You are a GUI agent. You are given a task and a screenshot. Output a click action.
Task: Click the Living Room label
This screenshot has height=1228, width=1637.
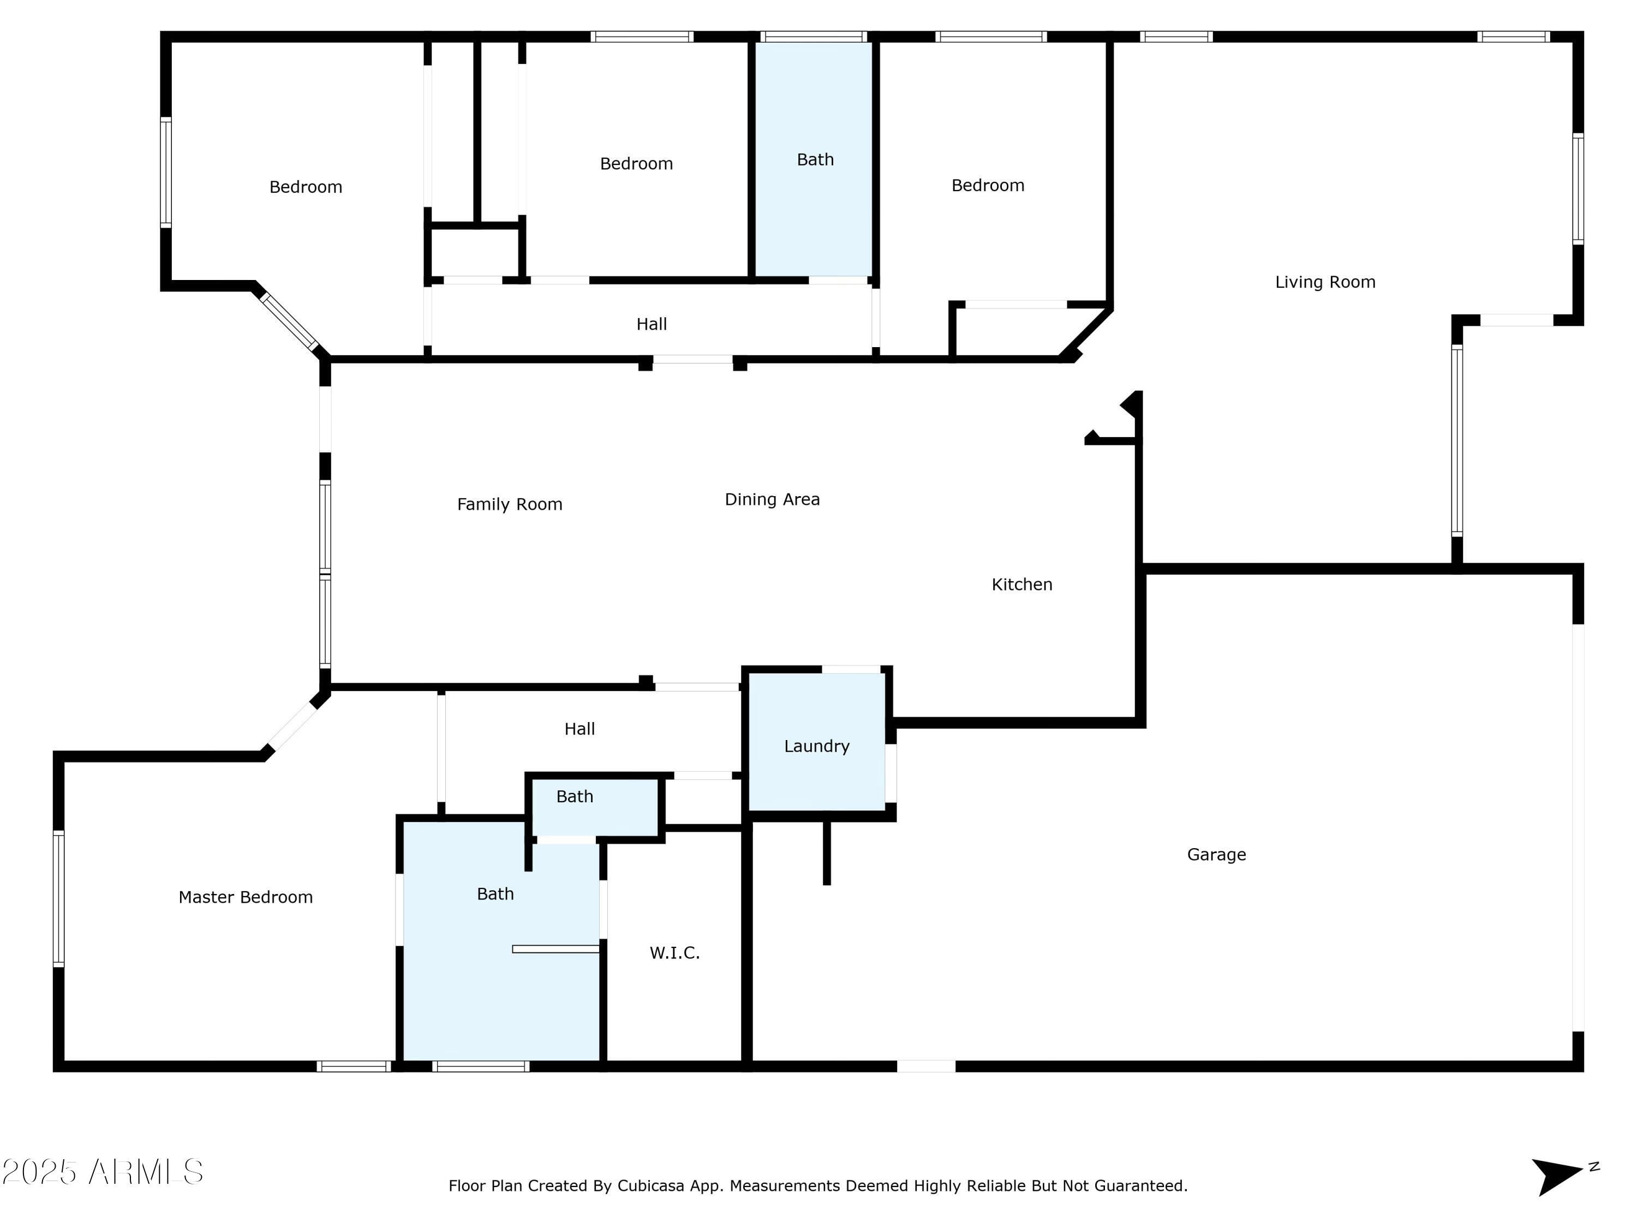[x=1325, y=282]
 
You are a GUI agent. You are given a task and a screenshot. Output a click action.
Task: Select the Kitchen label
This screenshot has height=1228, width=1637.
[x=1021, y=585]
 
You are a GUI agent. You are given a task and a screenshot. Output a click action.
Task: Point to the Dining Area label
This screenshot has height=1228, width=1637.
[x=772, y=499]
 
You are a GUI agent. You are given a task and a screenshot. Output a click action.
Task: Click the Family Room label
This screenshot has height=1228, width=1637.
[x=509, y=505]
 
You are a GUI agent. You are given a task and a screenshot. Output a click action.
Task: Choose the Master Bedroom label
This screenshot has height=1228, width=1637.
[x=245, y=897]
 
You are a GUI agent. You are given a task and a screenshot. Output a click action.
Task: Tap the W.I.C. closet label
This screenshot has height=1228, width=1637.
[x=674, y=953]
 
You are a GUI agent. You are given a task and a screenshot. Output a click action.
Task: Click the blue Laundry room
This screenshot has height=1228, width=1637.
[x=817, y=742]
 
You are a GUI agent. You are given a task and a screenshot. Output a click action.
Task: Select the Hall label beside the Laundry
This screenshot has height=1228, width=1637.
[x=579, y=729]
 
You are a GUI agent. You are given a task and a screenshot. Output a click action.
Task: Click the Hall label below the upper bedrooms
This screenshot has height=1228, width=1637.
[x=651, y=324]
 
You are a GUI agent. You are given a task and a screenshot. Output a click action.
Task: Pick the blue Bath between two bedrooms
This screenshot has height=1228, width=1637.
[x=814, y=159]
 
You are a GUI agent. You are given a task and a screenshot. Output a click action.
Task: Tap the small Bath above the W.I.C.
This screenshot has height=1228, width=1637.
[x=595, y=807]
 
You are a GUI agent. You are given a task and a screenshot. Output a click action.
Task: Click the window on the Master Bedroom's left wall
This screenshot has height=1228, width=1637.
[x=58, y=898]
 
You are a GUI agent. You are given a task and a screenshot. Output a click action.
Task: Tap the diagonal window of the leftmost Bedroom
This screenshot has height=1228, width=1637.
[x=289, y=321]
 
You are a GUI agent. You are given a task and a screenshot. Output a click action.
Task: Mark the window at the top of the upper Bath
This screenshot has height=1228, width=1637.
[x=814, y=36]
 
